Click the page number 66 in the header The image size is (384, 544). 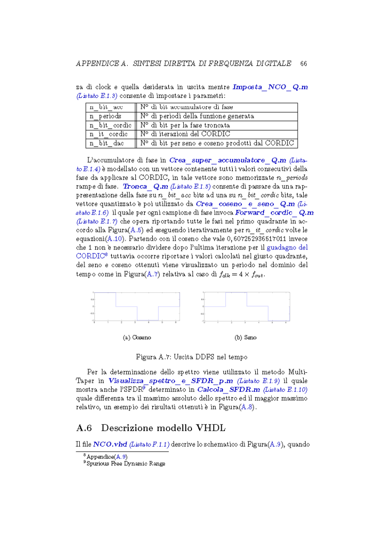tap(303, 64)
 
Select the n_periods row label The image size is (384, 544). tap(106, 116)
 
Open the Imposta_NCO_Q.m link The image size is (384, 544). tap(270, 87)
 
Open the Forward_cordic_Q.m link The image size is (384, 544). tap(274, 212)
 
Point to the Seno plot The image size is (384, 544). tap(246, 307)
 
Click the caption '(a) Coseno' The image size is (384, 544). tap(137, 338)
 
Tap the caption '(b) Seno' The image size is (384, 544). tap(246, 338)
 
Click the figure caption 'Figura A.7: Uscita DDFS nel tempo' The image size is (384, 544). tap(191, 357)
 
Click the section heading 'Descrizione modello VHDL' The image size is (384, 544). tap(163, 428)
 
